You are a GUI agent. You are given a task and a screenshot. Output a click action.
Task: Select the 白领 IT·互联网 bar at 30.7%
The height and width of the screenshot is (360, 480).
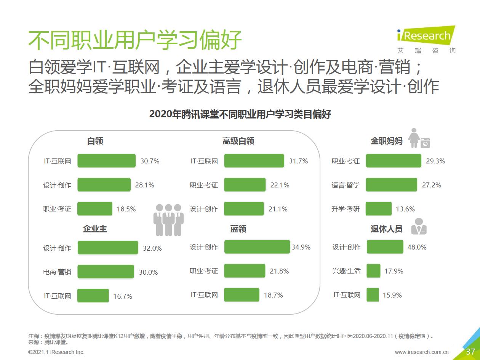point(106,161)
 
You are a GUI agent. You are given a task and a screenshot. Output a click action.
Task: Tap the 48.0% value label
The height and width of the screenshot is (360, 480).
point(417,247)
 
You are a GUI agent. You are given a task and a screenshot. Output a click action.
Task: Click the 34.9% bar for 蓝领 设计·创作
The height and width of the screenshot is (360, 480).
point(257,247)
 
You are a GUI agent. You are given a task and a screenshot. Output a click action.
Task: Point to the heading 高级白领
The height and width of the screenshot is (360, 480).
point(238,141)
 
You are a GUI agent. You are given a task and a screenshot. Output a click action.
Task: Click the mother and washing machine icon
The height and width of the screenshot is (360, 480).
point(419,138)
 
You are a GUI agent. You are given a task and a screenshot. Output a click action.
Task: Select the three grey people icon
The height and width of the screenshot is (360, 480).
point(168,219)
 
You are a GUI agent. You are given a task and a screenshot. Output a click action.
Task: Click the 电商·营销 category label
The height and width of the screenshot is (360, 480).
point(57,272)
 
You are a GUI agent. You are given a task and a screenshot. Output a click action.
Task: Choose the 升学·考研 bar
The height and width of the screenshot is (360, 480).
point(378,209)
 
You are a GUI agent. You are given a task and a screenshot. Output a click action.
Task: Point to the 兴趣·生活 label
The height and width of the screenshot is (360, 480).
point(346,271)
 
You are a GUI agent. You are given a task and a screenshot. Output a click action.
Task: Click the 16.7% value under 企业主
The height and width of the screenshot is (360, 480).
point(123,296)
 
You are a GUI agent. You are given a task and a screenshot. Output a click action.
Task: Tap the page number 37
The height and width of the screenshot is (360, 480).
point(470,352)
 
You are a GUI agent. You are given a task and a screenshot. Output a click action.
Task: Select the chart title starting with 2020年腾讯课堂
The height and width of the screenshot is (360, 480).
point(240,114)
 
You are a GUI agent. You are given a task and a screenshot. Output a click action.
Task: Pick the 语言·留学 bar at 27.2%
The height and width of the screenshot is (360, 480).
point(391,185)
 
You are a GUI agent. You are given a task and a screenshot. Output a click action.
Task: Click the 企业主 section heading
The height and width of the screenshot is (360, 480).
point(95,229)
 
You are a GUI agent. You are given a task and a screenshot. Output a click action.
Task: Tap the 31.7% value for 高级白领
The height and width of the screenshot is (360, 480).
point(298,161)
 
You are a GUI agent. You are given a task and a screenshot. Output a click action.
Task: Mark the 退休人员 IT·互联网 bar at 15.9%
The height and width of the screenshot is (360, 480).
point(373,295)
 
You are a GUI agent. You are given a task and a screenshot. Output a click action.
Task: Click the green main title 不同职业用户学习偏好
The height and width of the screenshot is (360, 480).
point(135,40)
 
